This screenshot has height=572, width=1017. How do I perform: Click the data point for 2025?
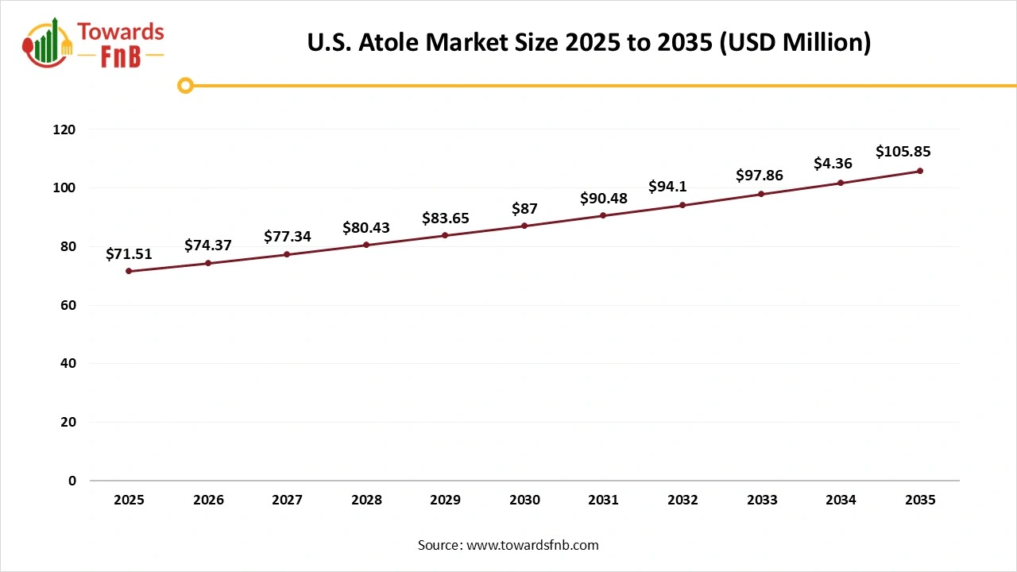(129, 271)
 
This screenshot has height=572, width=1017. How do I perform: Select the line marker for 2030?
(524, 226)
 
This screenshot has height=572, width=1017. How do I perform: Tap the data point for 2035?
(920, 171)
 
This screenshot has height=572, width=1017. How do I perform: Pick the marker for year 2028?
(366, 245)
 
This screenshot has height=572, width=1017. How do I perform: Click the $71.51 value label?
(129, 254)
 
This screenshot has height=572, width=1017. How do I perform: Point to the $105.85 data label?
(903, 152)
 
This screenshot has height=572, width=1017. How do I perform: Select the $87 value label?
(524, 209)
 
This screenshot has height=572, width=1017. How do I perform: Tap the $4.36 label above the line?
(833, 164)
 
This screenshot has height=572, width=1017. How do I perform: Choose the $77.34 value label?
(287, 236)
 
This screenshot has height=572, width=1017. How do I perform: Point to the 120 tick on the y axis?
(64, 129)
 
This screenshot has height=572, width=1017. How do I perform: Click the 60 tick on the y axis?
(68, 305)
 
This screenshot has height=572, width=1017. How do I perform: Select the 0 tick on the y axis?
(72, 481)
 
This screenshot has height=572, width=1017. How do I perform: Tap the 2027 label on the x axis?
(287, 500)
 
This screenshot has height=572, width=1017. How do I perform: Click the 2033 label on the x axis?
(762, 500)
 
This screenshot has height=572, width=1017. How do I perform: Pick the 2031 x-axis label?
(604, 500)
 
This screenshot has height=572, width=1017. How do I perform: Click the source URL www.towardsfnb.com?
(532, 545)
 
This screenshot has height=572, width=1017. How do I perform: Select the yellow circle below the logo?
(185, 85)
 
